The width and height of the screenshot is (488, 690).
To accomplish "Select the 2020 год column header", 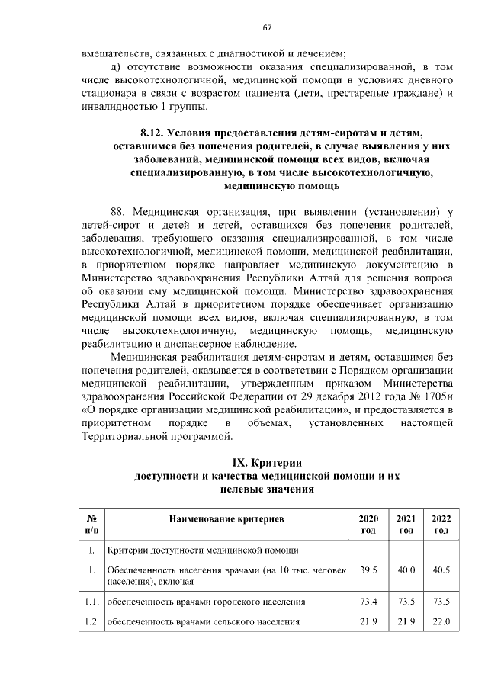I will [x=368, y=524].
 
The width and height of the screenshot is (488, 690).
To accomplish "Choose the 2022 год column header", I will [x=441, y=524].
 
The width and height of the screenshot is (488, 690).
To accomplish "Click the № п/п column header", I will [x=91, y=524].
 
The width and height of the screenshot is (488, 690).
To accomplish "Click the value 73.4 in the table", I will [x=368, y=602].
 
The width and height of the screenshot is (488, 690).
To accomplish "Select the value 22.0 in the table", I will [x=441, y=622].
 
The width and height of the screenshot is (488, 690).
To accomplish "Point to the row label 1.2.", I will [x=91, y=622].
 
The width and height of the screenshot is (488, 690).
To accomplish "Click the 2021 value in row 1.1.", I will [x=406, y=602].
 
